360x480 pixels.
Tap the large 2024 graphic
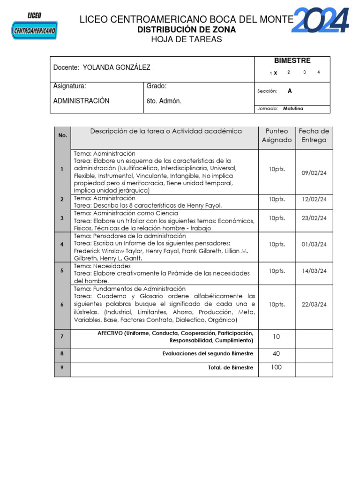click(321, 21)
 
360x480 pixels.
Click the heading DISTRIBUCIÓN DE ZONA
click(186, 30)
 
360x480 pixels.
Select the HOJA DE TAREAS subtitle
click(186, 39)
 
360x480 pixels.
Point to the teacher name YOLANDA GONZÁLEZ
click(116, 67)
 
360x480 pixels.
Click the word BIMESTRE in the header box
click(292, 60)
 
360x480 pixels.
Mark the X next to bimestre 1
click(276, 73)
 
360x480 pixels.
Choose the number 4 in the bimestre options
click(319, 72)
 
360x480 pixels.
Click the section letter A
click(290, 91)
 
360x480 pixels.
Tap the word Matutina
click(293, 108)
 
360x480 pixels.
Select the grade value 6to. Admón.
click(164, 101)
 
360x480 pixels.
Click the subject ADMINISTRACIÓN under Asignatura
click(81, 101)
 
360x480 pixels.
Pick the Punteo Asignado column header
click(277, 135)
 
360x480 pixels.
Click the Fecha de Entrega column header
click(314, 135)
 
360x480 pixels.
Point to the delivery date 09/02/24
click(314, 173)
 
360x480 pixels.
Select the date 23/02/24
click(314, 218)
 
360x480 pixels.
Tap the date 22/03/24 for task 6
click(314, 304)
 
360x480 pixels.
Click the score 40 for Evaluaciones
click(276, 354)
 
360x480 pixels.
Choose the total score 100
click(276, 367)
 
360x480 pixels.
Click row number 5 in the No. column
click(62, 270)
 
